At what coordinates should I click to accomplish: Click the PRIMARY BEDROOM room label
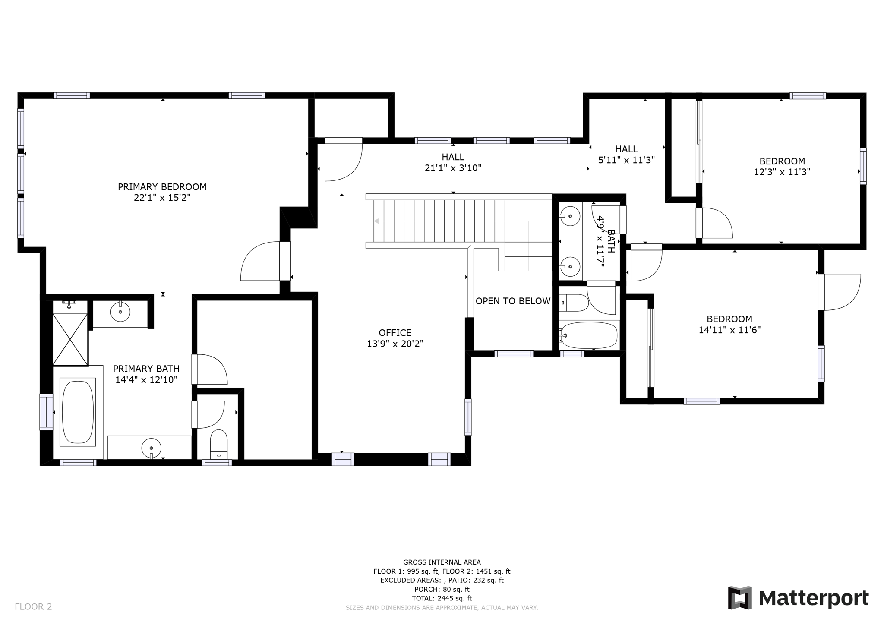click(162, 187)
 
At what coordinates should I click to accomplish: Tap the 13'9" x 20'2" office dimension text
click(395, 344)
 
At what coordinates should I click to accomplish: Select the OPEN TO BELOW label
click(513, 301)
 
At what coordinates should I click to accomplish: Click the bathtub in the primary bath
click(78, 412)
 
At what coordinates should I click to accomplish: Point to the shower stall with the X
click(70, 339)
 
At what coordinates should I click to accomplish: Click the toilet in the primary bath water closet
click(219, 445)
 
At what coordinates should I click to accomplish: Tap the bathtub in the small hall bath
click(589, 335)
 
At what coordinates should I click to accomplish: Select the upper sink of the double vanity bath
click(570, 215)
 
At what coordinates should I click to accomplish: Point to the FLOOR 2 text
click(33, 606)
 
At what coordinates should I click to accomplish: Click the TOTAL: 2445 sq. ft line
click(442, 598)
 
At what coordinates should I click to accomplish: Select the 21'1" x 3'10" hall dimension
click(453, 168)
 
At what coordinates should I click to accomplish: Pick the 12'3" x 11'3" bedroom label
click(782, 172)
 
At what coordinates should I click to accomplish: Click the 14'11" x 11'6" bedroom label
click(729, 330)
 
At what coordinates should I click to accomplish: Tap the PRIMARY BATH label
click(146, 369)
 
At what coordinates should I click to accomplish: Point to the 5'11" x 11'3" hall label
click(626, 160)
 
